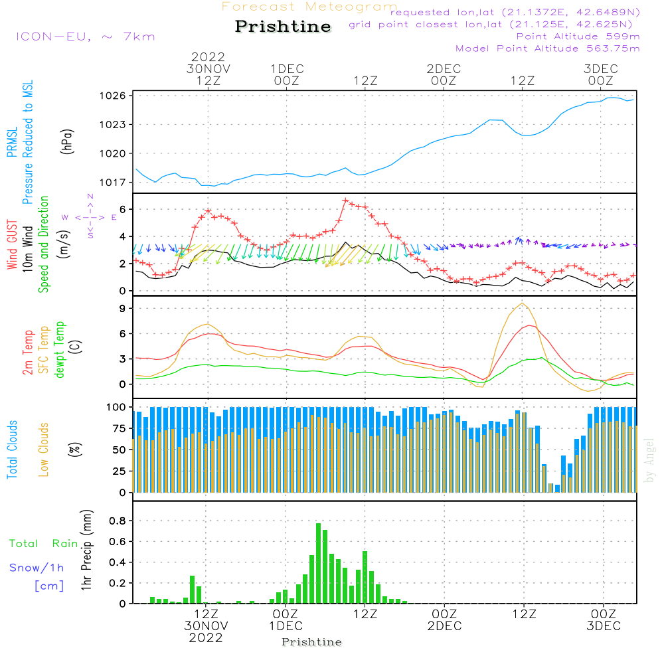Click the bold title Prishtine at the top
[283, 27]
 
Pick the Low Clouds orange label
[44, 449]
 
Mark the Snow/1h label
[37, 568]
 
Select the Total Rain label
[43, 544]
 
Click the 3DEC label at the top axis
[601, 69]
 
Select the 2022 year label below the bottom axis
[206, 638]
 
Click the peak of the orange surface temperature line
[523, 303]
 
